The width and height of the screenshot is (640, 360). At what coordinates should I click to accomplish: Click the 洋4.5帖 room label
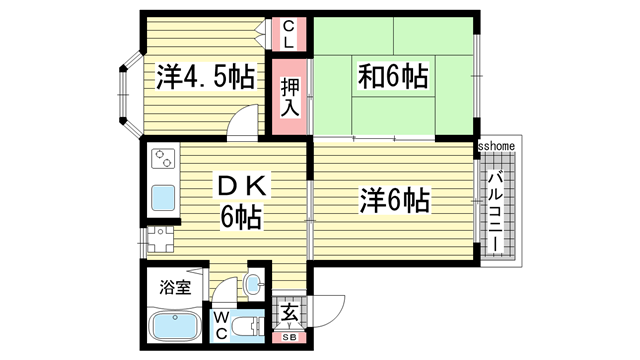(x=205, y=76)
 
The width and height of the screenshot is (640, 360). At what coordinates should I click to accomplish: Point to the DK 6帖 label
(x=241, y=200)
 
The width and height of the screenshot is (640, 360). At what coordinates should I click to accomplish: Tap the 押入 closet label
(x=289, y=96)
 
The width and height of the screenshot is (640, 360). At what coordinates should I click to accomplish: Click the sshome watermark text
(x=496, y=146)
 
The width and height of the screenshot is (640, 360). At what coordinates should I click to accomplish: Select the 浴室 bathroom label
(x=176, y=288)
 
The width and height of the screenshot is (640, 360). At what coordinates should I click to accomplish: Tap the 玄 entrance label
(x=288, y=314)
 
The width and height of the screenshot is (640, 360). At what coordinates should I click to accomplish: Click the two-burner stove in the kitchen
(x=163, y=158)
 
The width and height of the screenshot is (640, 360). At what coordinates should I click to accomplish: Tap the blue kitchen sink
(x=163, y=197)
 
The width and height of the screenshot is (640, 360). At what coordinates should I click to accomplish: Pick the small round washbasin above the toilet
(x=254, y=282)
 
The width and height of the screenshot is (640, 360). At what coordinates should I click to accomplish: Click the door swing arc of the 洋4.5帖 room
(x=241, y=127)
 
